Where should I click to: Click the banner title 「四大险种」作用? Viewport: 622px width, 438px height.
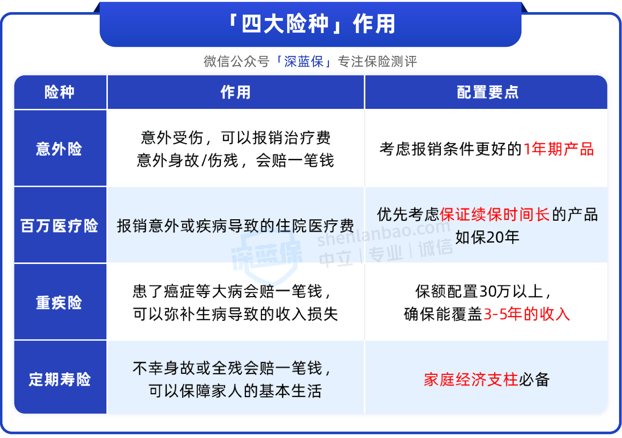pos(311,24)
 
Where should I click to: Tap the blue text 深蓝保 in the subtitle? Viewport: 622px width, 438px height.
pos(304,61)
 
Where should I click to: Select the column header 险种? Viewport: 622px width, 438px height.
pos(59,92)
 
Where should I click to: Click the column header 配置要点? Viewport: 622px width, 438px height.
pos(487,92)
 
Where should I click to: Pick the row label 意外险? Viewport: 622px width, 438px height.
pos(59,149)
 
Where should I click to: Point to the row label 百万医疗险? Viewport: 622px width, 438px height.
pos(59,226)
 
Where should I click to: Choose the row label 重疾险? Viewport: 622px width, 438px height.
pos(59,302)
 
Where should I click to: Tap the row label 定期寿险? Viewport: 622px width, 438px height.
pos(59,379)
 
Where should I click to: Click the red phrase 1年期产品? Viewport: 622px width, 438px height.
pos(559,149)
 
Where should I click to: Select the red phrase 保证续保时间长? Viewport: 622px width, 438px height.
pos(495,214)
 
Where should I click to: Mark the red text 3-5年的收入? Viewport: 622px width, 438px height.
pos(527,314)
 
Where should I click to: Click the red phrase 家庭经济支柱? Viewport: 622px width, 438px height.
pos(471,380)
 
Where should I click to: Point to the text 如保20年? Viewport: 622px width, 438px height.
pos(487,237)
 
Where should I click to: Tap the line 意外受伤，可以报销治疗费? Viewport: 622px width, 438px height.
pos(236,138)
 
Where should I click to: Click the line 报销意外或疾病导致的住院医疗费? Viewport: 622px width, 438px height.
pos(235,226)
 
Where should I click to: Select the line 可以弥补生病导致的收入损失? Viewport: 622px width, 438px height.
pos(235,314)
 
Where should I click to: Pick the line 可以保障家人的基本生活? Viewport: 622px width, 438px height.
pos(235,391)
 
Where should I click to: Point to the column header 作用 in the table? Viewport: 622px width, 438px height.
pos(236,92)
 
